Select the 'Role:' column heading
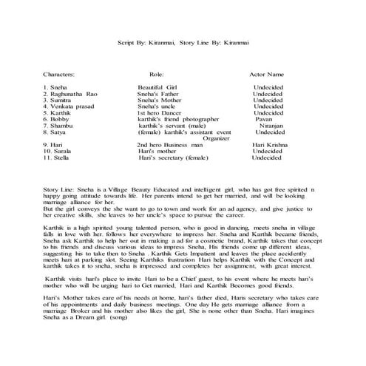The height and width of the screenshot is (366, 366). [156, 75]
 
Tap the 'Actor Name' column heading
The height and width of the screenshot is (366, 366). [265, 75]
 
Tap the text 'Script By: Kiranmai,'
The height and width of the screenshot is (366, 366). [151, 44]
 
